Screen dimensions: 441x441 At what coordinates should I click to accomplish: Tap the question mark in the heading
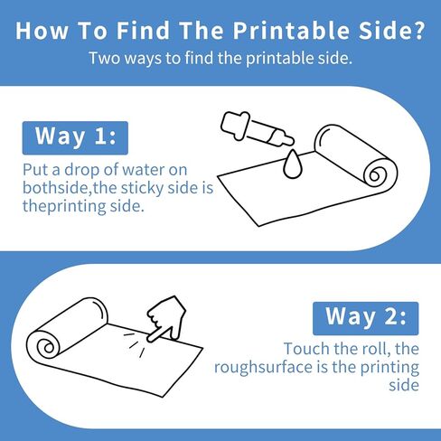pyautogui.click(x=418, y=30)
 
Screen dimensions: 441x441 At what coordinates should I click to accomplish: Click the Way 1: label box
pyautogui.click(x=75, y=138)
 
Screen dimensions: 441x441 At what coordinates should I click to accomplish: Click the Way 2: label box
pyautogui.click(x=366, y=318)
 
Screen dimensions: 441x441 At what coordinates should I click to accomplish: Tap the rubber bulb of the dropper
pyautogui.click(x=235, y=126)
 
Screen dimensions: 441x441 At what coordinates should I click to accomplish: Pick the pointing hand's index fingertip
pyautogui.click(x=149, y=339)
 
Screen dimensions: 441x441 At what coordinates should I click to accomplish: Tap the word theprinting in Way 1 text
pyautogui.click(x=64, y=207)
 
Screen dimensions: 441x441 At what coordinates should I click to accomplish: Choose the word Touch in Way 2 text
pyautogui.click(x=306, y=349)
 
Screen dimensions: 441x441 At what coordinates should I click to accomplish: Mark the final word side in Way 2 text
pyautogui.click(x=404, y=385)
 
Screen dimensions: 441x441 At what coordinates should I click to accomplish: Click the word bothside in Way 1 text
pyautogui.click(x=55, y=188)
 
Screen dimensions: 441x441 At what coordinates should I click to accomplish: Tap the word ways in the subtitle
pyautogui.click(x=143, y=59)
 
